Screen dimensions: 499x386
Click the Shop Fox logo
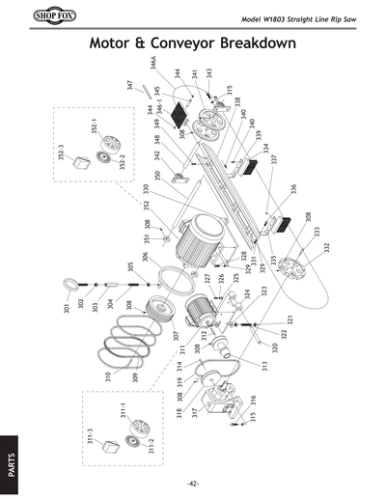pyautogui.click(x=36, y=17)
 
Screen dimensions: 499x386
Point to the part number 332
pyautogui.click(x=326, y=248)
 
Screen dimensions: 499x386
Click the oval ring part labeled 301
pyautogui.click(x=72, y=285)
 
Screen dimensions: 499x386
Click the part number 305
pyautogui.click(x=130, y=266)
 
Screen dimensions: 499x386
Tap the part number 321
pyautogui.click(x=288, y=319)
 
